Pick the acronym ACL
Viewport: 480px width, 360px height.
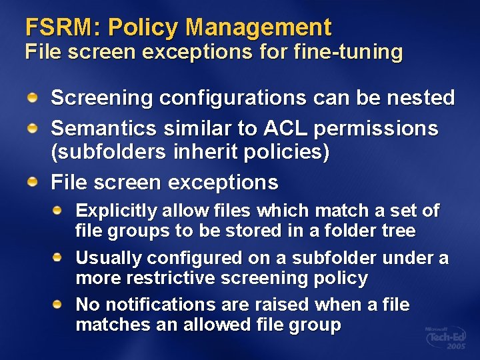(x=289, y=127)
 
